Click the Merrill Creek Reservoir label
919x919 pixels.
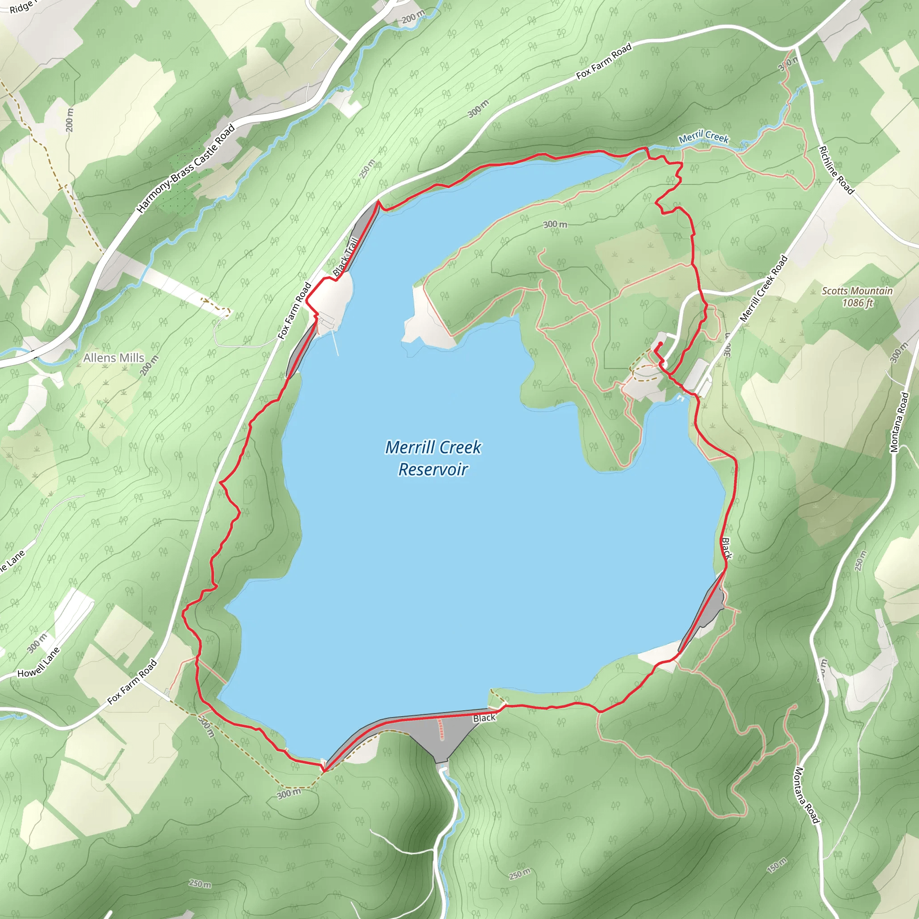click(433, 458)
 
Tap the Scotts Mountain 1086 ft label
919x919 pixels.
click(857, 296)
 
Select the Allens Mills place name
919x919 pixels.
click(114, 358)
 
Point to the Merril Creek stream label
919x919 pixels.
click(704, 137)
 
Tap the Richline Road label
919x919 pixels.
click(836, 170)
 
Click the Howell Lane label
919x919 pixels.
click(39, 662)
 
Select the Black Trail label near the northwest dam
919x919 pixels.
click(346, 257)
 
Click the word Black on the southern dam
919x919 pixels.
click(484, 718)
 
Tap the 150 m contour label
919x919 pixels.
click(777, 866)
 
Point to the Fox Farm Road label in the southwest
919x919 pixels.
click(132, 682)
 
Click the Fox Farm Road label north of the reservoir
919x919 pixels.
click(604, 61)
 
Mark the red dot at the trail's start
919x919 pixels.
click(660, 344)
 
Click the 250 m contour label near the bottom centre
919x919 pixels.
click(520, 874)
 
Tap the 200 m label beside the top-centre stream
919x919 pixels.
click(413, 18)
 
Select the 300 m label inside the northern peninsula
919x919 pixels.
click(555, 224)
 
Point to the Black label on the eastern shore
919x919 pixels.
click(727, 548)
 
